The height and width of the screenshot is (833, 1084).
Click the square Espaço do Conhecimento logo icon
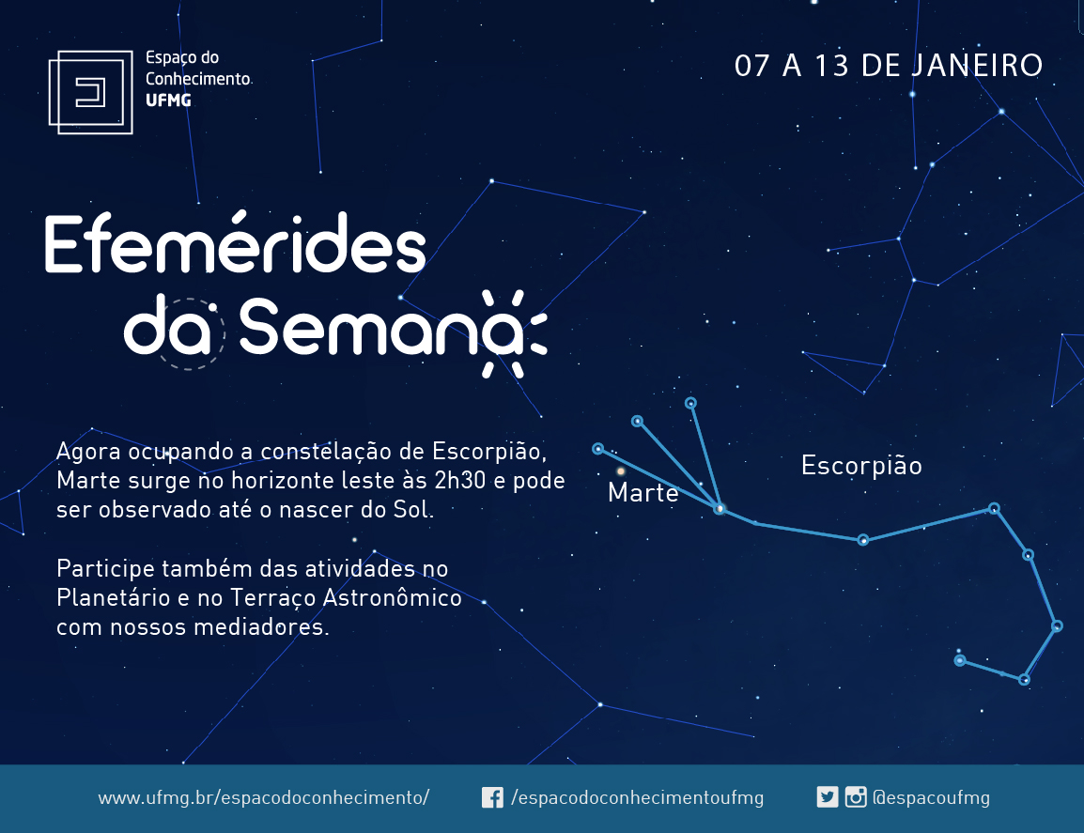pos(90,92)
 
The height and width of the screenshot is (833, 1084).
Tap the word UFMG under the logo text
pos(168,100)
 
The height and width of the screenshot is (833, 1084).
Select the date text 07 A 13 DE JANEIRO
pos(889,66)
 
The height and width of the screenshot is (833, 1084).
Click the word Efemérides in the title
pos(235,243)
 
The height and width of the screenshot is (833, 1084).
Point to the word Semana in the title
pos(381,327)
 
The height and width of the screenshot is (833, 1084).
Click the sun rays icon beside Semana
pos(515,334)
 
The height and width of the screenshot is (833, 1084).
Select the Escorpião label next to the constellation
pos(861,466)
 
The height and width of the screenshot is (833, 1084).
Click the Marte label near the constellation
pos(643,492)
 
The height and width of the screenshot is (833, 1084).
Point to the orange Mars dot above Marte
pos(621,471)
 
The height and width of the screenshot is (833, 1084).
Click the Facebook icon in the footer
pos(492,797)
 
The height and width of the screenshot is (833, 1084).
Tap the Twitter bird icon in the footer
pos(828,797)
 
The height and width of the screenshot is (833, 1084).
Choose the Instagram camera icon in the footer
pos(856,797)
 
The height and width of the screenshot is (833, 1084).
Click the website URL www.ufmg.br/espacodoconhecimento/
pos(263,797)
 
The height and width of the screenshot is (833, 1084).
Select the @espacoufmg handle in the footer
pos(931,797)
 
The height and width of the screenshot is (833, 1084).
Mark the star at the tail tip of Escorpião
pos(960,660)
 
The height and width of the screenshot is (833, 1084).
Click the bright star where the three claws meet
pos(720,509)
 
